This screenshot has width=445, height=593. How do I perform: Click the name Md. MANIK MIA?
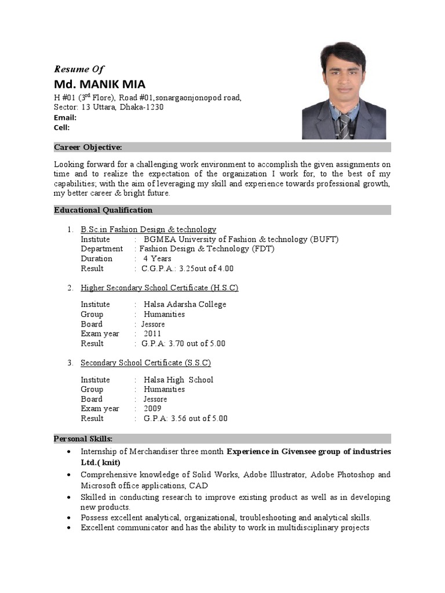pyautogui.click(x=100, y=83)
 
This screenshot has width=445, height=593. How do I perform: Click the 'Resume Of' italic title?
pyautogui.click(x=79, y=69)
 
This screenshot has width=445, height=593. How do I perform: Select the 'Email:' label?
pyautogui.click(x=65, y=118)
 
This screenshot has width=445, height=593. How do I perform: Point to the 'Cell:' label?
pyautogui.click(x=62, y=127)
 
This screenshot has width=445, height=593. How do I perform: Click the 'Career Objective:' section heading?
pyautogui.click(x=88, y=147)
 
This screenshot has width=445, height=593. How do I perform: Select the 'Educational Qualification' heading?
pyautogui.click(x=103, y=210)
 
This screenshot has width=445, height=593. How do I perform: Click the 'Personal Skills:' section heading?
pyautogui.click(x=83, y=438)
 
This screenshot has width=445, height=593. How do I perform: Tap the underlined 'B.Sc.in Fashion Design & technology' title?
pyautogui.click(x=148, y=229)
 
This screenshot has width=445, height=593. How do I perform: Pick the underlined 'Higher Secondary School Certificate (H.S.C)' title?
pyautogui.click(x=159, y=288)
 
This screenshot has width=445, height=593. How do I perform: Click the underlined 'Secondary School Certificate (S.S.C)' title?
pyautogui.click(x=145, y=363)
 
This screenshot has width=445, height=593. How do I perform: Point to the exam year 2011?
pyautogui.click(x=152, y=334)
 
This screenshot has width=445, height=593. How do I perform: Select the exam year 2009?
pyautogui.click(x=152, y=408)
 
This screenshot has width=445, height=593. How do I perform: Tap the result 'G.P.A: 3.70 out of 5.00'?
pyautogui.click(x=183, y=343)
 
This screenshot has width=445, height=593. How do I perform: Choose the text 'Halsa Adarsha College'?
pyautogui.click(x=185, y=304)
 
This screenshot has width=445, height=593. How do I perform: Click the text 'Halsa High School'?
pyautogui.click(x=178, y=379)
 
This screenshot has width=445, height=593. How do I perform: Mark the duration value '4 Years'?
pyautogui.click(x=157, y=258)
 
